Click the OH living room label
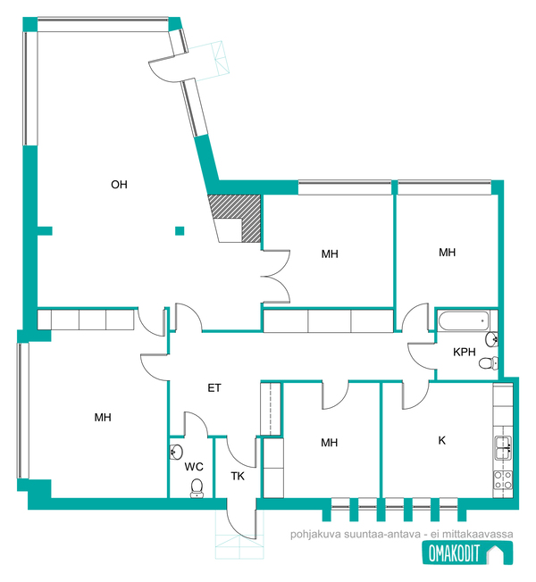[119, 185]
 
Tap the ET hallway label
[214, 388]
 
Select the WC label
[194, 467]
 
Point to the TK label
[238, 476]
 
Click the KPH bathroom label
[465, 352]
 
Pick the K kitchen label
[441, 440]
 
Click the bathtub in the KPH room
[464, 320]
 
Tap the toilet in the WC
[197, 488]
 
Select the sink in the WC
[176, 452]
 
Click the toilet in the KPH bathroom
[488, 362]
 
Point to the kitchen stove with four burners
[503, 479]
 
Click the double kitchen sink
[503, 448]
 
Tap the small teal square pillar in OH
[180, 231]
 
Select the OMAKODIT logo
[467, 553]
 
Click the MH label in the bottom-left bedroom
[103, 417]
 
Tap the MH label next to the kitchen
[330, 443]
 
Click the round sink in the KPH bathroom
[491, 339]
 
